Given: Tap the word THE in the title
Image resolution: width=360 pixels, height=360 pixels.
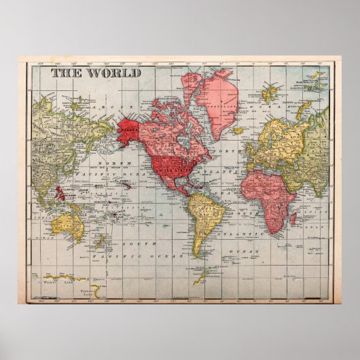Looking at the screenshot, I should click(65, 73).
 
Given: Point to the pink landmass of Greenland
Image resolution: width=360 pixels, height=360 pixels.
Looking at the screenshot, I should click(213, 98).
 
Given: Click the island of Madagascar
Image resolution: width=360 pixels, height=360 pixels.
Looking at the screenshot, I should click(293, 219).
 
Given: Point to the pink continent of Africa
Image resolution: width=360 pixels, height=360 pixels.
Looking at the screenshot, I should click(266, 194).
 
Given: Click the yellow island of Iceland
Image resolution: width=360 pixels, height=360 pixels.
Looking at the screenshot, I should click(238, 130).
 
